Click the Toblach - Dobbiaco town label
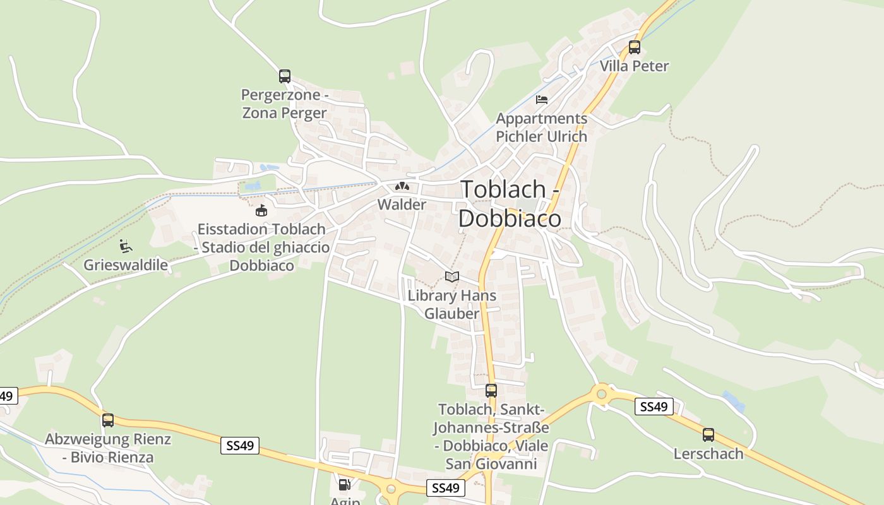(510, 203)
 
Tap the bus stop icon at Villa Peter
(634, 47)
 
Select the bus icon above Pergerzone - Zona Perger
(285, 76)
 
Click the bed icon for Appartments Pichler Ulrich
(541, 99)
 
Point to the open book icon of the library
(451, 276)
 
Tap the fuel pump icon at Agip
(344, 485)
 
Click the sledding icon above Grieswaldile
(125, 246)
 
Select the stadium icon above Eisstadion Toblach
(261, 210)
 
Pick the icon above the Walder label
(402, 186)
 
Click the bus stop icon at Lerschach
(708, 434)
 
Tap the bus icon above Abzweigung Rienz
(108, 420)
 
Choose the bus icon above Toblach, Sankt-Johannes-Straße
(491, 390)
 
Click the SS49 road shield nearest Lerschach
(654, 407)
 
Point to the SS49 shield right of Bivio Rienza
(240, 446)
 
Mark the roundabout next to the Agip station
(391, 489)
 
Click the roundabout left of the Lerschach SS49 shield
(600, 394)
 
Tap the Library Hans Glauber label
(451, 304)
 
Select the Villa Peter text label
(634, 66)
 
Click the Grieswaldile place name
(126, 264)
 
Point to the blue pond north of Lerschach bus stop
(733, 400)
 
